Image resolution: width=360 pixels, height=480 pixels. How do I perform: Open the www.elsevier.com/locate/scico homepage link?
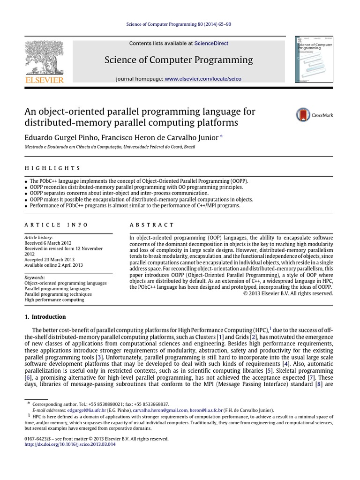pos(203,79)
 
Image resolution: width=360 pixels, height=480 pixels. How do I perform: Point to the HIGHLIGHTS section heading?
pos(52,168)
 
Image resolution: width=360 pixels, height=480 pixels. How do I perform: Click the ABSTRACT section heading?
pos(152,225)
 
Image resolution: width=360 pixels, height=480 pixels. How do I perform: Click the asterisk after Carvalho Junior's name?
pos(221,136)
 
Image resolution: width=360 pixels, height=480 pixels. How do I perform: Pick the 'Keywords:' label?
pos(35,277)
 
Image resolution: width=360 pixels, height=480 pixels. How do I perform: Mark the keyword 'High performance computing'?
pos(54,300)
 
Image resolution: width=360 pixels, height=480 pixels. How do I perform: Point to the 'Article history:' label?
pos(38,238)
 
